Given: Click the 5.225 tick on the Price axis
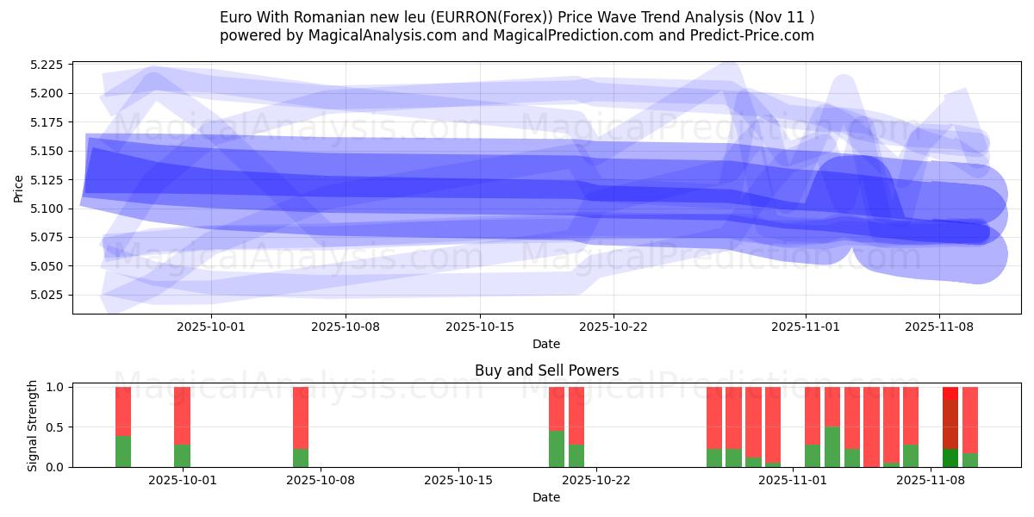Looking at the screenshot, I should click(x=48, y=65).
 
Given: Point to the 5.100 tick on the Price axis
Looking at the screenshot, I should click(x=48, y=209).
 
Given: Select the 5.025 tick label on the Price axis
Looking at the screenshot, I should click(x=48, y=295).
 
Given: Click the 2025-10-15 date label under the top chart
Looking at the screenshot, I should click(x=479, y=327).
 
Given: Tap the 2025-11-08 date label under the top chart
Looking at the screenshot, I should click(x=938, y=327).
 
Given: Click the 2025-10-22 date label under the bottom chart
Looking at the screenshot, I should click(x=595, y=482).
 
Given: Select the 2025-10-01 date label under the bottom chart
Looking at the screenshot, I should click(x=183, y=482).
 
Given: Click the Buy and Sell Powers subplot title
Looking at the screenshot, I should click(x=546, y=371).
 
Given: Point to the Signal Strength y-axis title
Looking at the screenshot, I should click(x=33, y=425).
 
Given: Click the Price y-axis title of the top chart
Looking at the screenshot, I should click(x=19, y=190).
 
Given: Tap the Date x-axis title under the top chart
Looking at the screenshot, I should click(x=546, y=344).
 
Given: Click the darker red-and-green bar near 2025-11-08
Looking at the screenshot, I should click(x=950, y=427).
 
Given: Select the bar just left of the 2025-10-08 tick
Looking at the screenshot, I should click(x=301, y=427).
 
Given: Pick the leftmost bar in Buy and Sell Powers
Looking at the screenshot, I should click(x=123, y=427).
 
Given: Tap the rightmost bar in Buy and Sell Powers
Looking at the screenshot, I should click(x=970, y=427).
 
